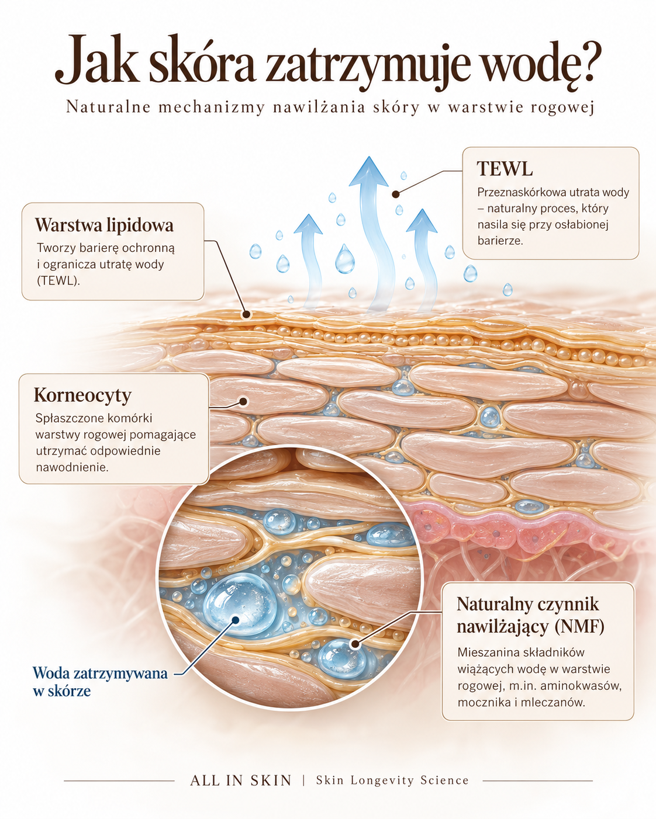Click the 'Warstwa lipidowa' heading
click(105, 225)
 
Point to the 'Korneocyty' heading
click(82, 395)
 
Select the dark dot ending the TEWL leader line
click(396, 195)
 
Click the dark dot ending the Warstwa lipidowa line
click(247, 314)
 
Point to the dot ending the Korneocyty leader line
click(242, 401)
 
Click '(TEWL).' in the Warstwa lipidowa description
click(58, 281)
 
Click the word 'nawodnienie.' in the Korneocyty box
click(72, 467)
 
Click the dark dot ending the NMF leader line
click(355, 644)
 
